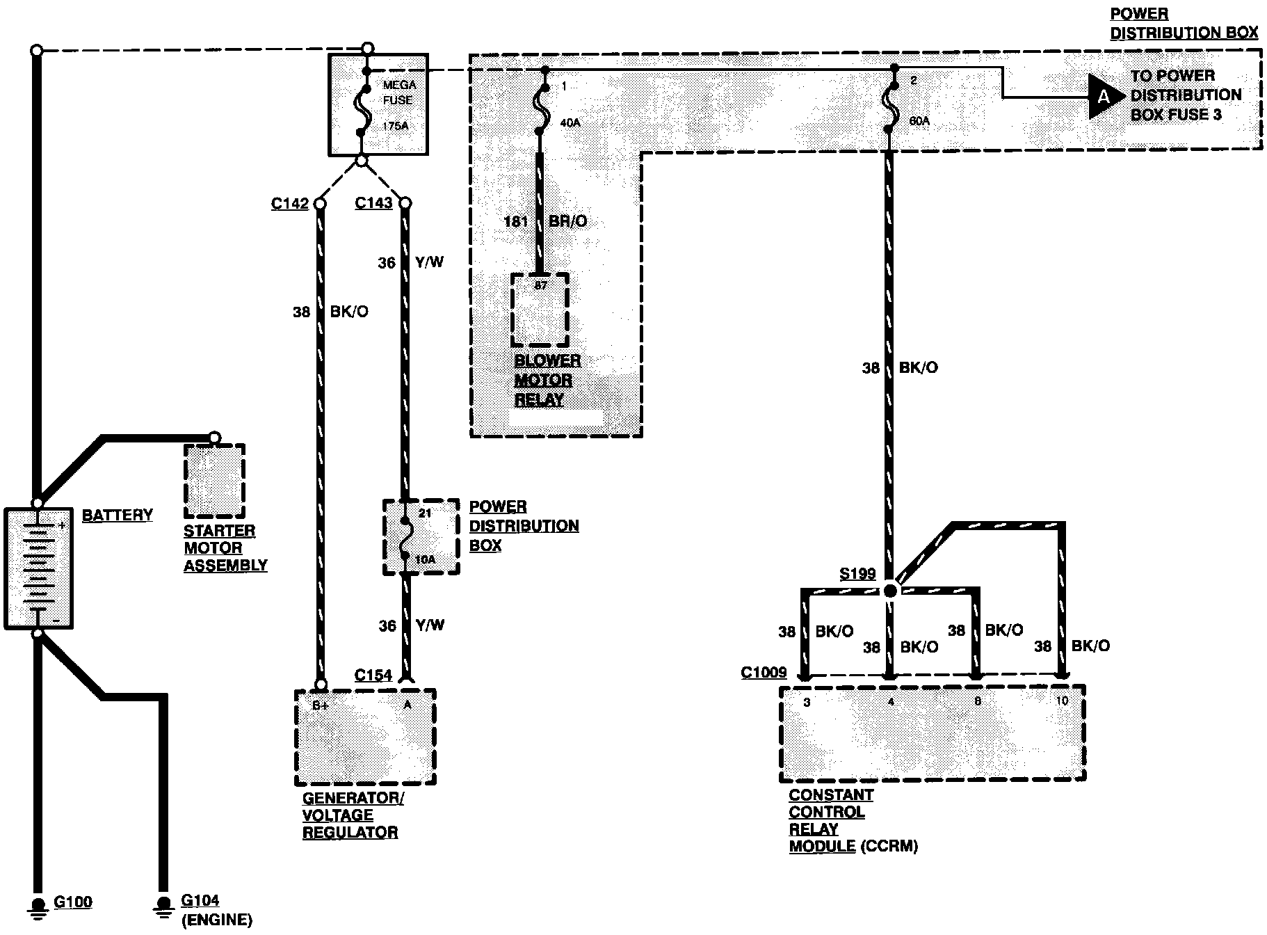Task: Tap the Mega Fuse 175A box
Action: pyautogui.click(x=378, y=104)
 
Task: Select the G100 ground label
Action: pyautogui.click(x=73, y=902)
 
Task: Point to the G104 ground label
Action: pyautogui.click(x=200, y=901)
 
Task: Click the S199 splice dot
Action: pyautogui.click(x=889, y=591)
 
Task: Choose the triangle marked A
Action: pyautogui.click(x=1104, y=97)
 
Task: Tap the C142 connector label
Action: pyautogui.click(x=289, y=204)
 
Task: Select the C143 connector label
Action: pyautogui.click(x=373, y=203)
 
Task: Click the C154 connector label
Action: pyautogui.click(x=373, y=675)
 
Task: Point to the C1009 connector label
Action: pyautogui.click(x=764, y=672)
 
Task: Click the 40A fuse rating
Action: pyautogui.click(x=570, y=123)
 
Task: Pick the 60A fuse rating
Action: pyautogui.click(x=919, y=121)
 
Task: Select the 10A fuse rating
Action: pyautogui.click(x=426, y=560)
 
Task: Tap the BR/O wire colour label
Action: pyautogui.click(x=567, y=221)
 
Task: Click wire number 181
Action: pyautogui.click(x=515, y=221)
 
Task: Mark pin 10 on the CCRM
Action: pyautogui.click(x=1062, y=701)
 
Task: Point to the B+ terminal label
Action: pyautogui.click(x=321, y=705)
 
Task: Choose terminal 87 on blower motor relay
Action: pyautogui.click(x=541, y=285)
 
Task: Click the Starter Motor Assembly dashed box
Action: pyautogui.click(x=214, y=481)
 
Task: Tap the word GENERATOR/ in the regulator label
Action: pyautogui.click(x=353, y=798)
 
